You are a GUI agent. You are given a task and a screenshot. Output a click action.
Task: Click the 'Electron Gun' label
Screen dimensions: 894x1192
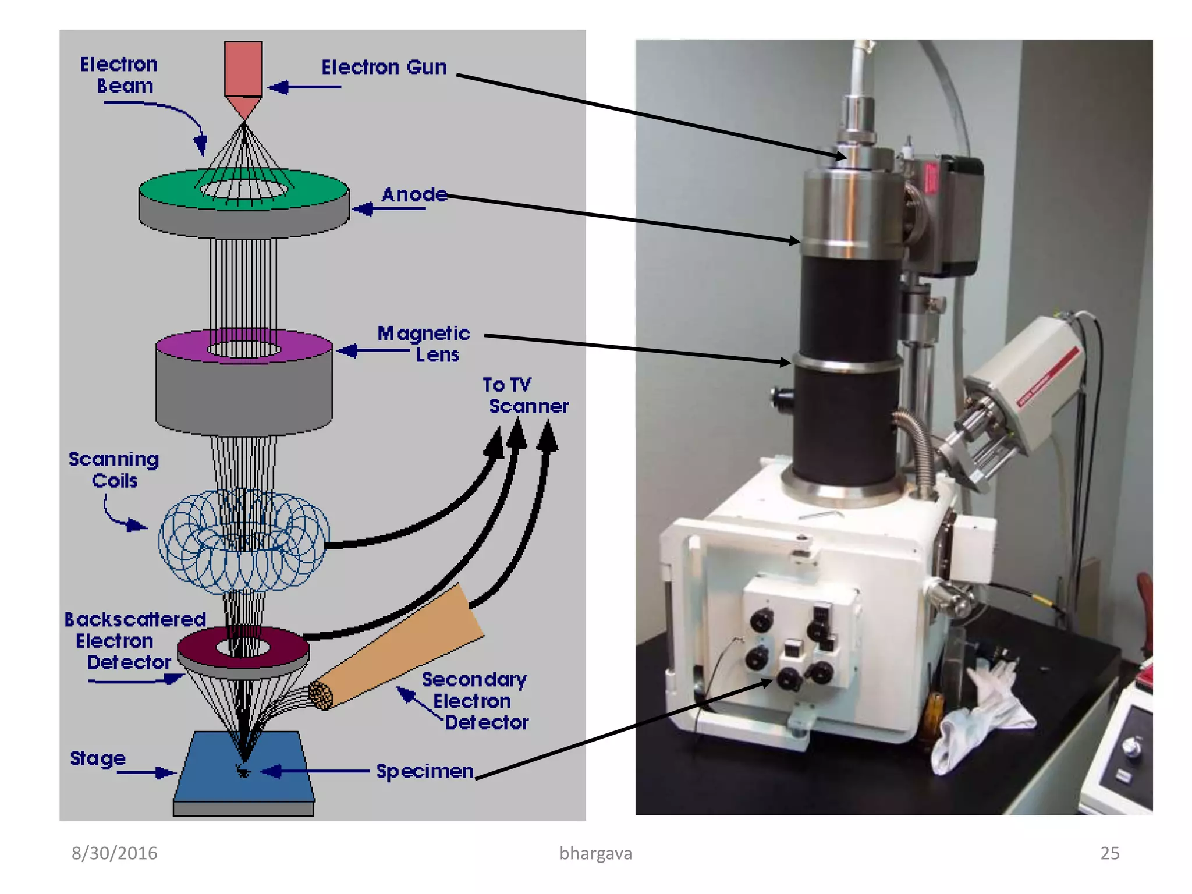[384, 68]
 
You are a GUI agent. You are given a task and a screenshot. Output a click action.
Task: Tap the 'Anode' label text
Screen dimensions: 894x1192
[414, 194]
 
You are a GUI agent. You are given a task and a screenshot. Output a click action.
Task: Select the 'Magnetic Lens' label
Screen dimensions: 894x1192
[423, 343]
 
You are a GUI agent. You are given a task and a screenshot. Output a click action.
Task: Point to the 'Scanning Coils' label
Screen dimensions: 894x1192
[113, 470]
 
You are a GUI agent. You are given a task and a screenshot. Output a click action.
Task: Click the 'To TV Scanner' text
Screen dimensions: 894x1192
[524, 395]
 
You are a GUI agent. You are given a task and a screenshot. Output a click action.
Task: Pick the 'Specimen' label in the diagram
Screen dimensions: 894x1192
[425, 771]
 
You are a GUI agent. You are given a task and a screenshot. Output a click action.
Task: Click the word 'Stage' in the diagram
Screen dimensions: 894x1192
[98, 758]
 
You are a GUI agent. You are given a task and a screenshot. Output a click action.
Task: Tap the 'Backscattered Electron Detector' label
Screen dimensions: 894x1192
[134, 640]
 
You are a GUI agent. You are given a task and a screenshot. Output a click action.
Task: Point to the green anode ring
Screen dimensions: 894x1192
[169, 190]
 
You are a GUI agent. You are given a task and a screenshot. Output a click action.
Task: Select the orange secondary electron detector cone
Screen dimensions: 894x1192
[407, 646]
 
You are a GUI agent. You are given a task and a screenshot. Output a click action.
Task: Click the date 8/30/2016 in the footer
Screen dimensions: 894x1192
[114, 853]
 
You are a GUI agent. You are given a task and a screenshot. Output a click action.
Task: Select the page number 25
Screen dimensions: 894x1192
[1109, 853]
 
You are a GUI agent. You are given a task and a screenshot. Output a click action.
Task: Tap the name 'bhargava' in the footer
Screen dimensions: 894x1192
[595, 853]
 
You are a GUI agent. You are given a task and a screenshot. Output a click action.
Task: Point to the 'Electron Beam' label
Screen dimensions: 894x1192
[119, 75]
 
